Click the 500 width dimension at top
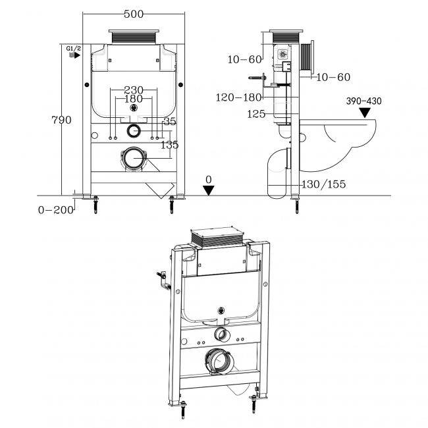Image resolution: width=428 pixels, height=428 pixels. (x=133, y=14)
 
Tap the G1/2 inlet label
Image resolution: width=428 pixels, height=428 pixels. (x=74, y=49)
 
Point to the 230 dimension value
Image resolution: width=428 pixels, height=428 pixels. (x=134, y=90)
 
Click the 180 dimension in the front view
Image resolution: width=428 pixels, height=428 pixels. (x=134, y=99)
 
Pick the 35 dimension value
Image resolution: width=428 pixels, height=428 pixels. (x=171, y=121)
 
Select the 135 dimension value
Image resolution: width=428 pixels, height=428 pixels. (x=170, y=145)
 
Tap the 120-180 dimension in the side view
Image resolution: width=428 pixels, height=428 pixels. (x=239, y=97)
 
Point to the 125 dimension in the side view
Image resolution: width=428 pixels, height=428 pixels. (x=256, y=114)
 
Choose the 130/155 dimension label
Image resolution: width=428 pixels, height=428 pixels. (x=323, y=184)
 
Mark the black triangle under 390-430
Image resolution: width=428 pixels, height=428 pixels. (x=365, y=112)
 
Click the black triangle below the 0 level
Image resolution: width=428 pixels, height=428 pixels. (x=209, y=190)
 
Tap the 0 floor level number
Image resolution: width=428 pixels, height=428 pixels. (x=209, y=179)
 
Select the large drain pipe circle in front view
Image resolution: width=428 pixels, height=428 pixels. (x=134, y=157)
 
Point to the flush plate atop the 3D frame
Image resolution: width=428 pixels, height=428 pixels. (x=217, y=237)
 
